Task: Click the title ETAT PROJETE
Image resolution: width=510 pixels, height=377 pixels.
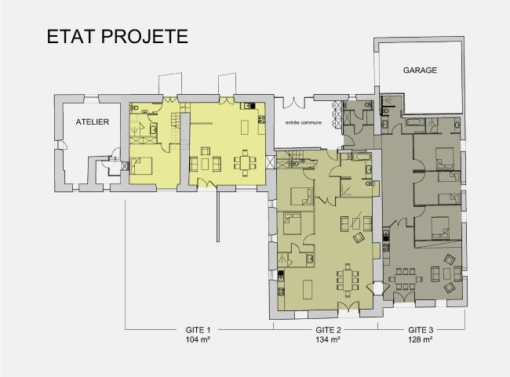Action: point(117,38)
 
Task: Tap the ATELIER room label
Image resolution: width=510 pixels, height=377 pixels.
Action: point(92,123)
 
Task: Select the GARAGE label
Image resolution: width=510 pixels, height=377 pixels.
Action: point(420,70)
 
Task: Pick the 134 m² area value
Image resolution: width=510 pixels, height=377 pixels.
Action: point(327,340)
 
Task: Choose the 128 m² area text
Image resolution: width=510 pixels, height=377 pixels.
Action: point(421,340)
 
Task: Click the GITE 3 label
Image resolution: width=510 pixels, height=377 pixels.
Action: point(421,330)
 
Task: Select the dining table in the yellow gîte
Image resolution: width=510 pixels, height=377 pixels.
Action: point(246,163)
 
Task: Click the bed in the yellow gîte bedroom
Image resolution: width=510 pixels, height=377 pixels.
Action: point(144,165)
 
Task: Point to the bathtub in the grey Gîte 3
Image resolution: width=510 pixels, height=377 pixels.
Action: point(415,124)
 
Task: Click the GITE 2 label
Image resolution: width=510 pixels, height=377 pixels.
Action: point(327,330)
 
